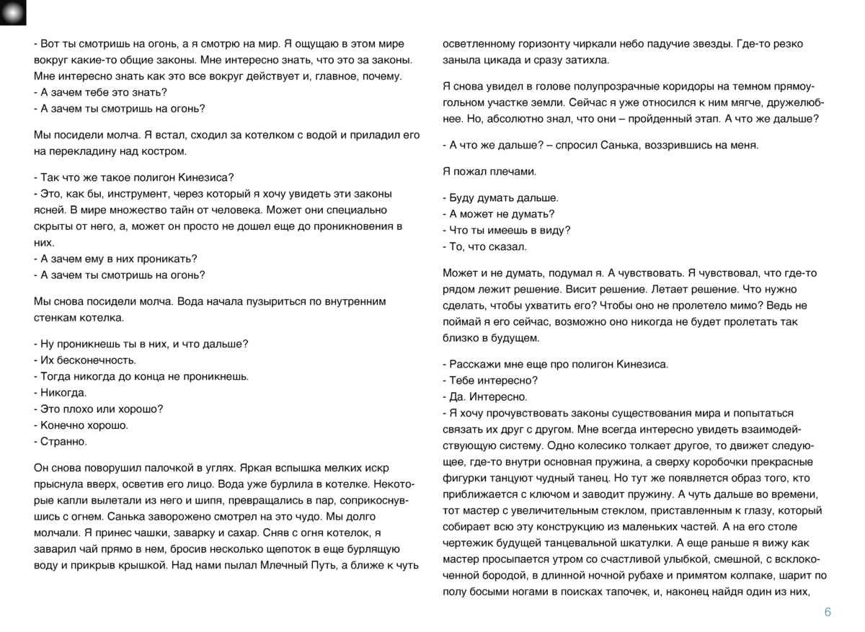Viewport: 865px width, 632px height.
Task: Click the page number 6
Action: pos(828,613)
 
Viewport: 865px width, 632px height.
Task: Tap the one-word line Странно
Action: pos(61,441)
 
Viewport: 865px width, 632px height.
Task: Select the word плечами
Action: pos(511,172)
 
